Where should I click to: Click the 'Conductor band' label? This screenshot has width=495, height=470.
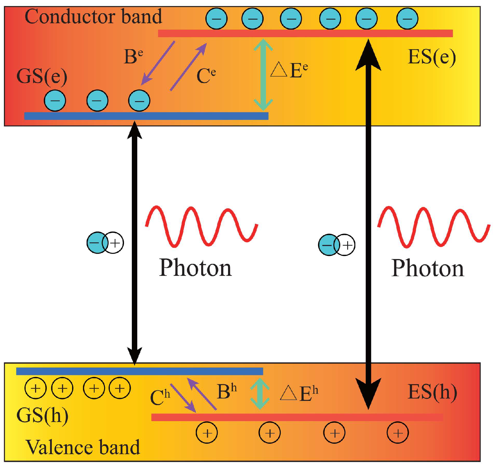pyautogui.click(x=93, y=17)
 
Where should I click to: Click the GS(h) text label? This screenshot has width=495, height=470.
pyautogui.click(x=42, y=416)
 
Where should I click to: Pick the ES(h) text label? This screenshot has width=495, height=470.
pyautogui.click(x=432, y=392)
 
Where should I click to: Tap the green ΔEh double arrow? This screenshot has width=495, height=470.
pyautogui.click(x=260, y=394)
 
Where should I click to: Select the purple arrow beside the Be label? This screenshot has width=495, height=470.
pyautogui.click(x=158, y=63)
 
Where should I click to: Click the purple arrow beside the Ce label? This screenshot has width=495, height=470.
pyautogui.click(x=189, y=67)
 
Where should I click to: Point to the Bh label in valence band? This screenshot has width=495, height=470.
pyautogui.click(x=227, y=392)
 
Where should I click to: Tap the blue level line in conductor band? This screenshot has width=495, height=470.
pyautogui.click(x=146, y=116)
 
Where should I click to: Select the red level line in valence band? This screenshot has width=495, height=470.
pyautogui.click(x=297, y=417)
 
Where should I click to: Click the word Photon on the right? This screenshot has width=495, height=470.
pyautogui.click(x=427, y=268)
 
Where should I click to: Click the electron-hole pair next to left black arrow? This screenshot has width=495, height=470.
pyautogui.click(x=105, y=243)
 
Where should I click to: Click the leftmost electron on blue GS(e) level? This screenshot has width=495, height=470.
pyautogui.click(x=55, y=101)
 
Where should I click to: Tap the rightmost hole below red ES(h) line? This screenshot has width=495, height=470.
pyautogui.click(x=398, y=433)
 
